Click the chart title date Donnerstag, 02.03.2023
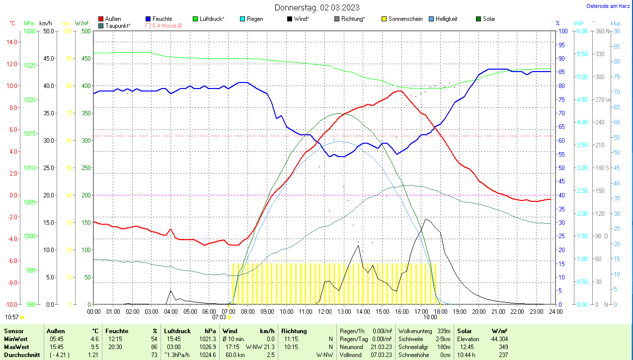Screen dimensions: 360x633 tap(317, 7)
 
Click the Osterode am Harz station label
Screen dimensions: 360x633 tap(609, 6)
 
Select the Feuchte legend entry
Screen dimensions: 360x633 tap(162, 19)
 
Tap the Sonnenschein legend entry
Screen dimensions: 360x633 tap(405, 19)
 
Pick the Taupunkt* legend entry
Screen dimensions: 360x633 tap(117, 25)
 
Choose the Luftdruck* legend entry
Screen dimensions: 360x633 tap(211, 19)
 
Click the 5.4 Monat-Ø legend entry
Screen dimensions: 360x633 tap(166, 25)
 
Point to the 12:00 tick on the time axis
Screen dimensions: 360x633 tap(324, 311)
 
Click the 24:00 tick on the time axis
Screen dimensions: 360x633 tap(555, 311)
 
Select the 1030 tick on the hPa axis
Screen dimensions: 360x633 tap(30, 31)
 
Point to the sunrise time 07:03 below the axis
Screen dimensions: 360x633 tap(219, 317)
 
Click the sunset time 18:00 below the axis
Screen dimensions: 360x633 tap(430, 317)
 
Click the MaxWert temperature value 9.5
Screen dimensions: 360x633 tap(95, 347)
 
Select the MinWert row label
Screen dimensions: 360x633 tap(15, 339)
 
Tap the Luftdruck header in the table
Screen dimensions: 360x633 tap(177, 331)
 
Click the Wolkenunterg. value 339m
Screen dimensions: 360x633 tap(444, 331)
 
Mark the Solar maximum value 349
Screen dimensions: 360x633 tap(503, 347)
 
